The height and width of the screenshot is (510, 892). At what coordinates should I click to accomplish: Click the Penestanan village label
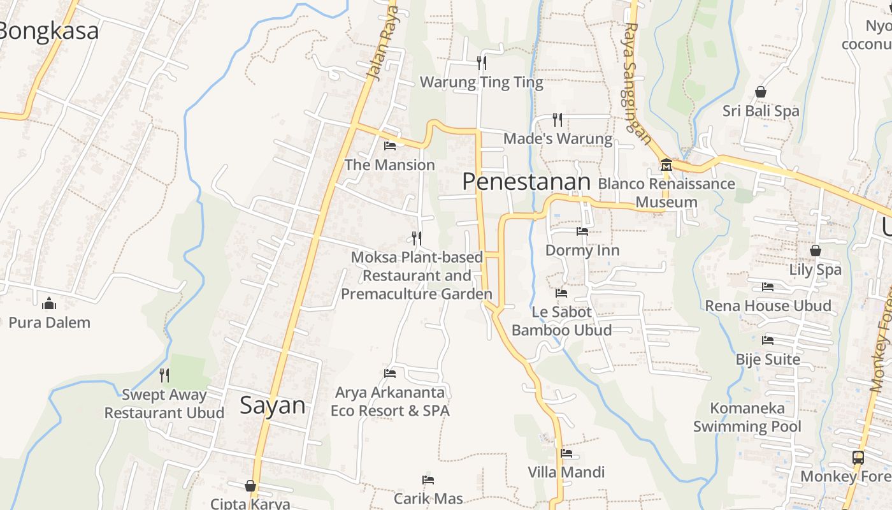[x=526, y=182]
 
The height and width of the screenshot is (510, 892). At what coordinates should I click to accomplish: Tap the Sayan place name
[x=272, y=405]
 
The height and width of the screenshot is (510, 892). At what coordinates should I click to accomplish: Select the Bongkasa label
[x=49, y=31]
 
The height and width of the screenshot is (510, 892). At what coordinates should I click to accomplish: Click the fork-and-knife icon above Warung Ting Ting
[x=482, y=62]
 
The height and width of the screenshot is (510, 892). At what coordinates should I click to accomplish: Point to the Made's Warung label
[x=557, y=138]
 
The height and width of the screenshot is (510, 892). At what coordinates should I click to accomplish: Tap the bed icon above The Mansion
[x=390, y=146]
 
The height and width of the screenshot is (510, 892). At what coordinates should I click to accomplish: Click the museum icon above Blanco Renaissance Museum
[x=666, y=164]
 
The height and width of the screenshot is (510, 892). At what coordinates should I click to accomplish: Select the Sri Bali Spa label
[x=760, y=111]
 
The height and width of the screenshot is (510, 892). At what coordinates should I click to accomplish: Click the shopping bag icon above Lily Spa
[x=815, y=251]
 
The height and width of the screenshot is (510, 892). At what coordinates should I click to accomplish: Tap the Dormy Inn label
[x=582, y=250]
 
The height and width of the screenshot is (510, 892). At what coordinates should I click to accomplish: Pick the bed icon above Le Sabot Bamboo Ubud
[x=561, y=293]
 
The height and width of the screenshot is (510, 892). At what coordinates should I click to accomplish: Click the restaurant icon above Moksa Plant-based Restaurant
[x=416, y=238]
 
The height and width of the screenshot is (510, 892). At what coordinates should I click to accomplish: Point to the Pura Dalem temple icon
[x=49, y=303]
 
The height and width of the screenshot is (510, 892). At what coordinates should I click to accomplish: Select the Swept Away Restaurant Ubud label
[x=164, y=404]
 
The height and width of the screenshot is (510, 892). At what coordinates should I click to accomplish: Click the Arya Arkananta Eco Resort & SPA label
[x=390, y=401]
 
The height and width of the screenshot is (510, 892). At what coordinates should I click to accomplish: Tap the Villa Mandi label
[x=566, y=472]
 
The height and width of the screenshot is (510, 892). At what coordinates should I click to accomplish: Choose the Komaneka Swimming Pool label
[x=747, y=417]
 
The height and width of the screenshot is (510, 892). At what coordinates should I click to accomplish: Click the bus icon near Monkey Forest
[x=858, y=457]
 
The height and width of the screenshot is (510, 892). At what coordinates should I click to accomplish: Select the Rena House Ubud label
[x=768, y=305]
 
